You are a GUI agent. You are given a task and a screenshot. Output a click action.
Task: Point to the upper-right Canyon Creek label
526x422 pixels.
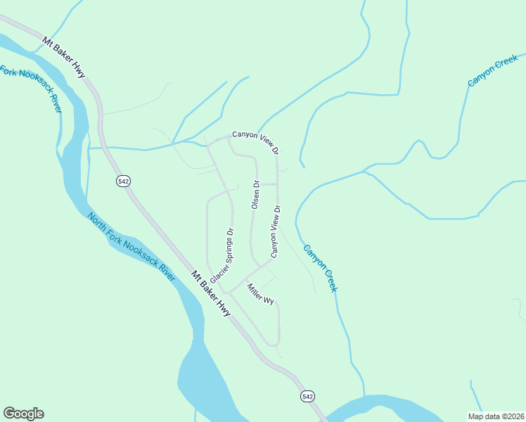click(x=493, y=73)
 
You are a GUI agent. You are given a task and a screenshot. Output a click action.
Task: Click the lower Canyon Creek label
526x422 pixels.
click(x=321, y=268)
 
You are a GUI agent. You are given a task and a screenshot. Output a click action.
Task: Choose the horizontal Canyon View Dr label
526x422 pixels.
click(x=256, y=141)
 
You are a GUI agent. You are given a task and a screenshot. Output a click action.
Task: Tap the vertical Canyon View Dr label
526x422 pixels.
click(x=276, y=231)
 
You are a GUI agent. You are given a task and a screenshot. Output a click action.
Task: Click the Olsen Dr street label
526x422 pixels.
click(x=256, y=196)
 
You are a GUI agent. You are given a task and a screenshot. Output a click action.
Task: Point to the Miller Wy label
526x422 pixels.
click(x=259, y=294)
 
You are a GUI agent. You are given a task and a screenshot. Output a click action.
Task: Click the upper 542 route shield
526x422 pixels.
click(x=124, y=181)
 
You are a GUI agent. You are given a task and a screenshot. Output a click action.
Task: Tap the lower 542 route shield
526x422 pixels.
click(x=307, y=397)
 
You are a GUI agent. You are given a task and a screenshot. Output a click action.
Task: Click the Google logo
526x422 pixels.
click(x=23, y=414)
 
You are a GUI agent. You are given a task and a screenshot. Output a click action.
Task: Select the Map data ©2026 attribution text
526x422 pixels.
click(x=496, y=416)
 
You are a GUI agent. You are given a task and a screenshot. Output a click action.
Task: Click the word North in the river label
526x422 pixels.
click(x=97, y=222)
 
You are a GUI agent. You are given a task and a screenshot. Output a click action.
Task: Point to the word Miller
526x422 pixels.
click(x=255, y=290)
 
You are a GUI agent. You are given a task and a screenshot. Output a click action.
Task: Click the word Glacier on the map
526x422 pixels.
click(x=214, y=274)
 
